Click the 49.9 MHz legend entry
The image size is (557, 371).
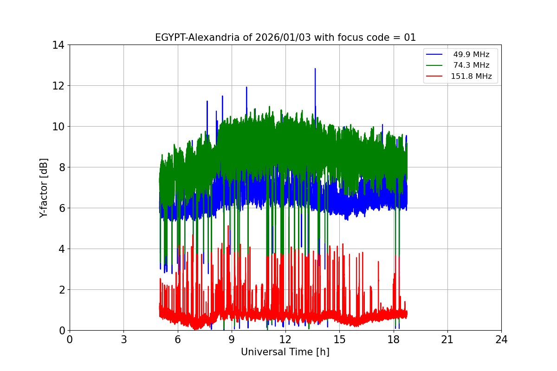point(471,55)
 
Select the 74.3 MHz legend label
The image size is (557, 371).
point(471,65)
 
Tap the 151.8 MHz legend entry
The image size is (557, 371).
point(471,77)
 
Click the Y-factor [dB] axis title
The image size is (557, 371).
point(44,187)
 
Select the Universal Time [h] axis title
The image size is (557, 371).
point(285,352)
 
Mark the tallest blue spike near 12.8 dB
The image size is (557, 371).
point(315,69)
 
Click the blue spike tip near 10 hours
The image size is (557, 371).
point(246,87)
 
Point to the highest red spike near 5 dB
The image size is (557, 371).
point(228,226)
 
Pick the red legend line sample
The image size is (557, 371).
point(435,77)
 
